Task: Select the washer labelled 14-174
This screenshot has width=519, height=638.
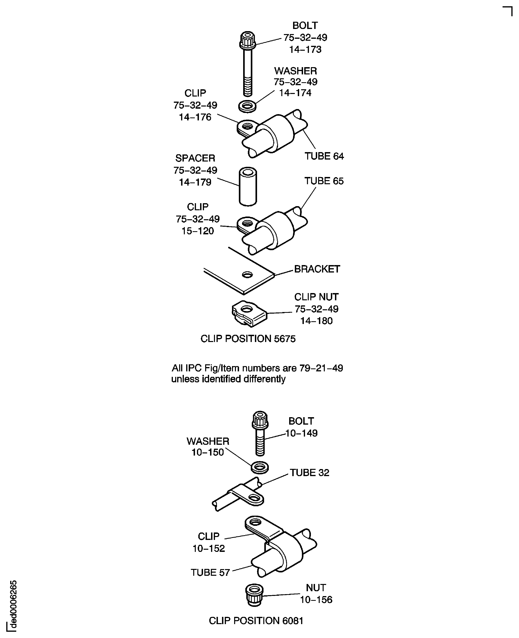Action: [247, 106]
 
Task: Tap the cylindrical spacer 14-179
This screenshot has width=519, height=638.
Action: [248, 187]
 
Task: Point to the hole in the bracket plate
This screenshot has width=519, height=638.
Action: [247, 274]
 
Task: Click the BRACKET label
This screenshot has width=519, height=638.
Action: [317, 269]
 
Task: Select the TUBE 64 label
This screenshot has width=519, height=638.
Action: [324, 156]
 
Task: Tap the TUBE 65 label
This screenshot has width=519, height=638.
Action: [324, 181]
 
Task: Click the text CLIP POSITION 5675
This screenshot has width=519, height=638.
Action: [248, 339]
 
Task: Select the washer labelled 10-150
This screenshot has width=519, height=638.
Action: [260, 468]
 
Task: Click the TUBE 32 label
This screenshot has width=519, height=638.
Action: [310, 473]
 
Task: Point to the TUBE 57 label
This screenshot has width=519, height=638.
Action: [210, 573]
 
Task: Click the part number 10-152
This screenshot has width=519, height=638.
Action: [209, 548]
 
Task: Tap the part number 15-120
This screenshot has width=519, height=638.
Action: [198, 231]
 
